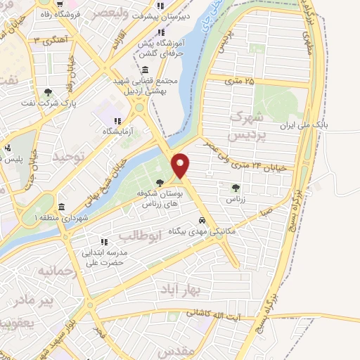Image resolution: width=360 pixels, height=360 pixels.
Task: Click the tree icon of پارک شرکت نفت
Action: click(48, 92)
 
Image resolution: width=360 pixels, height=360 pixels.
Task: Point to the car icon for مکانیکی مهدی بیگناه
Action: click(202, 219)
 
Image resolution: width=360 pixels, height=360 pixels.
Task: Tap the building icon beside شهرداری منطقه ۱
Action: click(63, 207)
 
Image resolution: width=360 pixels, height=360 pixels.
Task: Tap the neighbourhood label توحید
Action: click(72, 156)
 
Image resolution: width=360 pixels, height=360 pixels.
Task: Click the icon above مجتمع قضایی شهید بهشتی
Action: click(144, 70)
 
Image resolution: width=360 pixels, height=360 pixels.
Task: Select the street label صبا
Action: click(266, 209)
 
